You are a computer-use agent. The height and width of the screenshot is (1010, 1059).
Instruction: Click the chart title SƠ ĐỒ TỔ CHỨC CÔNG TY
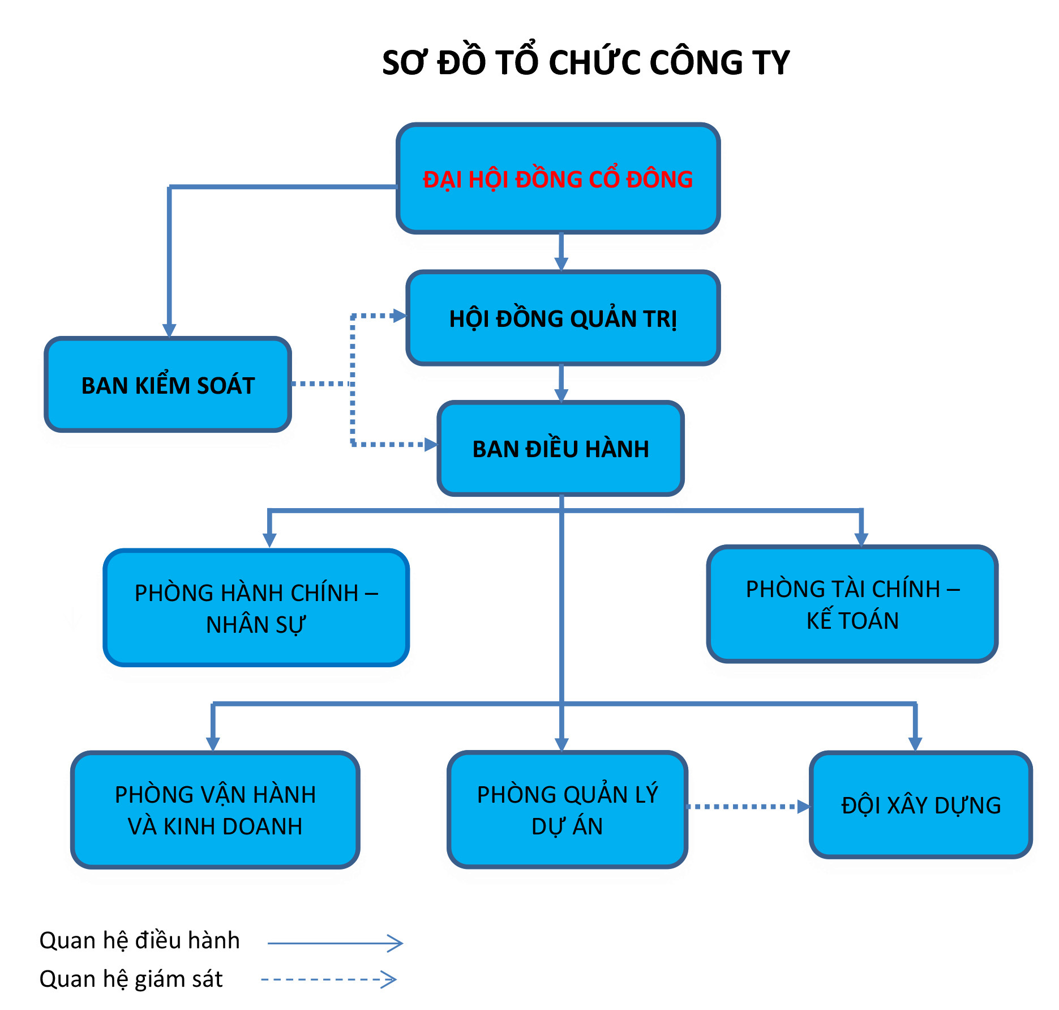(x=585, y=62)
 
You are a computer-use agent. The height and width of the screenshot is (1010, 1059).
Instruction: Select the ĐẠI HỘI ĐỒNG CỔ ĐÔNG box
(x=558, y=178)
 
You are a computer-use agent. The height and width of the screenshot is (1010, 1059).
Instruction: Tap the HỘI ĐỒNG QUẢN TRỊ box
(x=563, y=318)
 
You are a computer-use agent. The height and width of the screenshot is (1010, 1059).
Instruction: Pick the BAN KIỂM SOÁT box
(x=168, y=385)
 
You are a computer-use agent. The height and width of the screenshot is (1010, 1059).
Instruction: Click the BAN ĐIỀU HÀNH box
(x=560, y=449)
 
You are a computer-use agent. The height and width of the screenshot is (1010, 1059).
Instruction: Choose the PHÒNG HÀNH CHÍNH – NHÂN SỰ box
(x=256, y=608)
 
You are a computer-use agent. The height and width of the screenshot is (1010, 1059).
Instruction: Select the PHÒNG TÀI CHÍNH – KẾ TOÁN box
(x=852, y=604)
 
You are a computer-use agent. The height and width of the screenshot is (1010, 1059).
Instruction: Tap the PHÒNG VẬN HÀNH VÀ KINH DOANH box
(x=215, y=810)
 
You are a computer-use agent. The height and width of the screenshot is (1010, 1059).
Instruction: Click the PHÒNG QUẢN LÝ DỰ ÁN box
(x=567, y=810)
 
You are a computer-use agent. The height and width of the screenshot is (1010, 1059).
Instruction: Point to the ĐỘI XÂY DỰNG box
(x=921, y=805)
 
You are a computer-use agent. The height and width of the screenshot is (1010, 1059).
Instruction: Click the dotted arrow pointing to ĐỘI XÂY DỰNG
(x=747, y=807)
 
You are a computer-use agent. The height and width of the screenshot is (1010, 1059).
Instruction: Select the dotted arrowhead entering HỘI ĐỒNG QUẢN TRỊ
(x=400, y=316)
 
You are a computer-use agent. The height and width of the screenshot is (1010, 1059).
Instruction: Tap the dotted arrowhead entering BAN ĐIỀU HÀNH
(x=431, y=445)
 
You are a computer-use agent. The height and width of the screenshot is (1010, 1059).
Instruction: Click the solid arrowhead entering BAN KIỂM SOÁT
(x=169, y=331)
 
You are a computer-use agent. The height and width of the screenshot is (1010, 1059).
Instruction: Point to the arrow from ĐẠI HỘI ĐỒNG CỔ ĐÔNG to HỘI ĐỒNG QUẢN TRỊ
(x=561, y=252)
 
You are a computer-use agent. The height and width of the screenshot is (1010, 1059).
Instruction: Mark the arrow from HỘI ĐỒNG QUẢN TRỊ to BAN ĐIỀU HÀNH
(x=561, y=383)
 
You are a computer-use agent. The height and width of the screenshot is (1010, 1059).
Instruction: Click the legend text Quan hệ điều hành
(x=140, y=940)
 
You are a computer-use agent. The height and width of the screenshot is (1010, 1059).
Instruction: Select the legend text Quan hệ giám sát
(x=131, y=979)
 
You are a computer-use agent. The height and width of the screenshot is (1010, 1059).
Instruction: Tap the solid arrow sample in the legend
(x=335, y=943)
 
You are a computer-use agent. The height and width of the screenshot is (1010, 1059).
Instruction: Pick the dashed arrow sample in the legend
(x=329, y=979)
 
